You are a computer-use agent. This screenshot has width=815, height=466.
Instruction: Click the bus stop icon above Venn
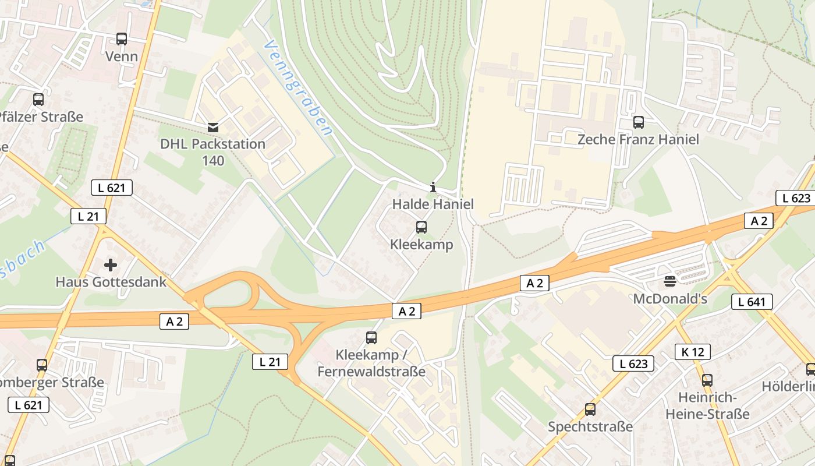[x=122, y=39]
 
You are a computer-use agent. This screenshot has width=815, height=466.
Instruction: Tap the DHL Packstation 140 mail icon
[x=213, y=127]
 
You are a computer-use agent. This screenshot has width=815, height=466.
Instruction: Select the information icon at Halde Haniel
[x=433, y=187]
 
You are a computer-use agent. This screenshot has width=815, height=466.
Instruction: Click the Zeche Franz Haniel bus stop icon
[x=639, y=122]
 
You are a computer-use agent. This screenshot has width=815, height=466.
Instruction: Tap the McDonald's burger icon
[x=669, y=282]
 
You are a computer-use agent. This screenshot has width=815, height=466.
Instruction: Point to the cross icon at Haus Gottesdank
[x=111, y=265]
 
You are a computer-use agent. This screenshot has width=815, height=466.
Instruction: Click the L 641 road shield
[x=752, y=302]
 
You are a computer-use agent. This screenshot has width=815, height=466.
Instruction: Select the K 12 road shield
[x=693, y=352]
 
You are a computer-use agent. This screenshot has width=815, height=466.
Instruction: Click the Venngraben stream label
[x=297, y=88]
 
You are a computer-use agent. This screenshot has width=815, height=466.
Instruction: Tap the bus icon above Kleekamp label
[x=421, y=227]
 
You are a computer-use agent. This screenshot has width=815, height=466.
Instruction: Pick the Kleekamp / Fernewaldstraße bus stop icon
[x=371, y=337]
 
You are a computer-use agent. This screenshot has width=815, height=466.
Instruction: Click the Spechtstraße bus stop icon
[x=590, y=409]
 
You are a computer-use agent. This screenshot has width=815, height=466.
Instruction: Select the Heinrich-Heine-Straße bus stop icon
[x=707, y=380]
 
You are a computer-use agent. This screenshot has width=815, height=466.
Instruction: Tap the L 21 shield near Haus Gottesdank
[x=88, y=216]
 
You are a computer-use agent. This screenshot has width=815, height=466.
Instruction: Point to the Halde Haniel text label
[x=433, y=204]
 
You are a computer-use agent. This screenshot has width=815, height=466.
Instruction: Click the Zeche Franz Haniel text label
[x=638, y=140]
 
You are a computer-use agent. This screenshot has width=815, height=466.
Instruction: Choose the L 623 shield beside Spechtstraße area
[x=633, y=364]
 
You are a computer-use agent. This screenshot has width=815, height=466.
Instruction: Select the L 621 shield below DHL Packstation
[x=112, y=188]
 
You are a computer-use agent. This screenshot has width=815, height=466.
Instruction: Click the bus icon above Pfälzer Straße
[x=38, y=100]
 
